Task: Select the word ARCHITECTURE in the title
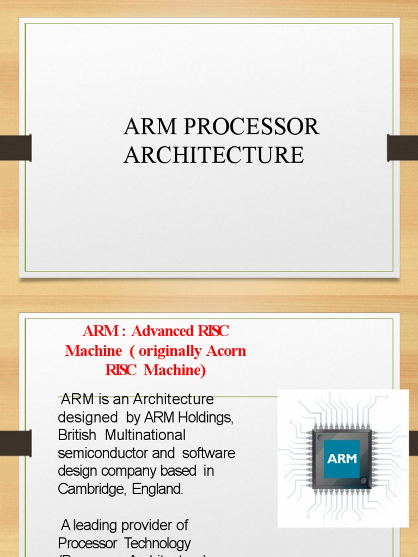pyautogui.click(x=213, y=155)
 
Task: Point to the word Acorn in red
pyautogui.click(x=218, y=351)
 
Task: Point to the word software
pyautogui.click(x=209, y=453)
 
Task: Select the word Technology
pyautogui.click(x=158, y=543)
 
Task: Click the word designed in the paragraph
pyautogui.click(x=81, y=417)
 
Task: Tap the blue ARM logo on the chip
pyautogui.click(x=342, y=459)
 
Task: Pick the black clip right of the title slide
pyautogui.click(x=402, y=148)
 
